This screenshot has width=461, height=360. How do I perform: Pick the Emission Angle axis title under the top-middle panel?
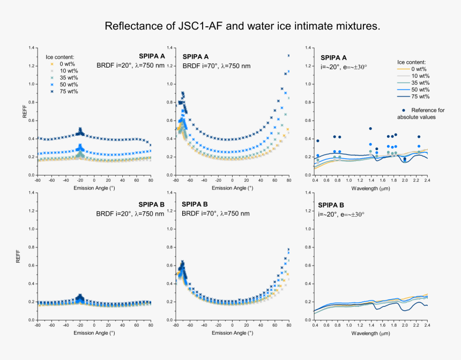tap(232, 188)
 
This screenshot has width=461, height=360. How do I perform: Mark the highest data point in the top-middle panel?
tap(289, 55)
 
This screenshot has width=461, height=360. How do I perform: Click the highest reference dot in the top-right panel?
tap(370, 128)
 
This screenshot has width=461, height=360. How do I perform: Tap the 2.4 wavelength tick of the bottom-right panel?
tap(427, 326)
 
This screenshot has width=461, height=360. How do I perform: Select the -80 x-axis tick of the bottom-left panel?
tap(38, 326)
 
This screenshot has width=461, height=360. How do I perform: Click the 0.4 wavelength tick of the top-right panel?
tap(315, 181)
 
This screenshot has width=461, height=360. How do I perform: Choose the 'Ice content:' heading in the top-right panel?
tap(412, 62)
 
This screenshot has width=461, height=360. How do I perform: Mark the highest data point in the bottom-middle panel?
tap(289, 249)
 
